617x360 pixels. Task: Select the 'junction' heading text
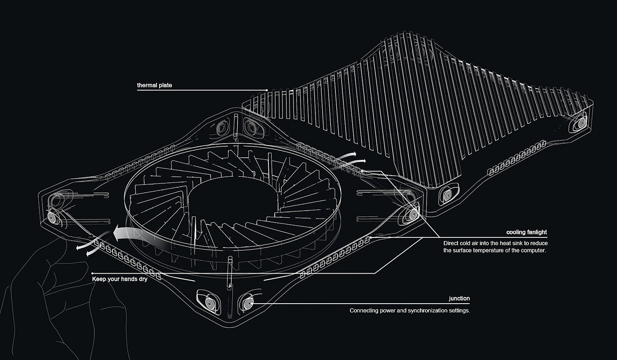pyautogui.click(x=459, y=299)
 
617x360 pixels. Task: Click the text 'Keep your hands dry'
pyautogui.click(x=120, y=279)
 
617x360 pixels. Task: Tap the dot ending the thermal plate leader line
pyautogui.click(x=267, y=90)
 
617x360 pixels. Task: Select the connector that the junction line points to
pyautogui.click(x=247, y=303)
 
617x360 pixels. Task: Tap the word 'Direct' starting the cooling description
pyautogui.click(x=451, y=243)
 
